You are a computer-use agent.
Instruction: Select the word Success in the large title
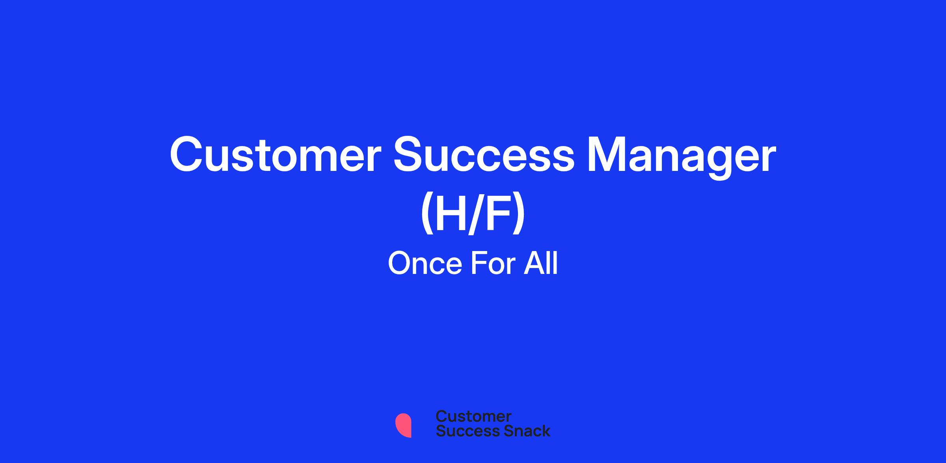[484, 155]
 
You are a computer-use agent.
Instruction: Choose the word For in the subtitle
[493, 263]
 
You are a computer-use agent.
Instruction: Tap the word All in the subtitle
[540, 263]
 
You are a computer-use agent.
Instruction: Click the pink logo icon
[403, 426]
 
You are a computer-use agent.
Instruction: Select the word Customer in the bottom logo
[473, 416]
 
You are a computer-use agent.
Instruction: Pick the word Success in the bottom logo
[463, 431]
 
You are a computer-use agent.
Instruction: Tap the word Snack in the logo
[521, 431]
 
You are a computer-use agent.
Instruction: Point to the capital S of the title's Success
[408, 155]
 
